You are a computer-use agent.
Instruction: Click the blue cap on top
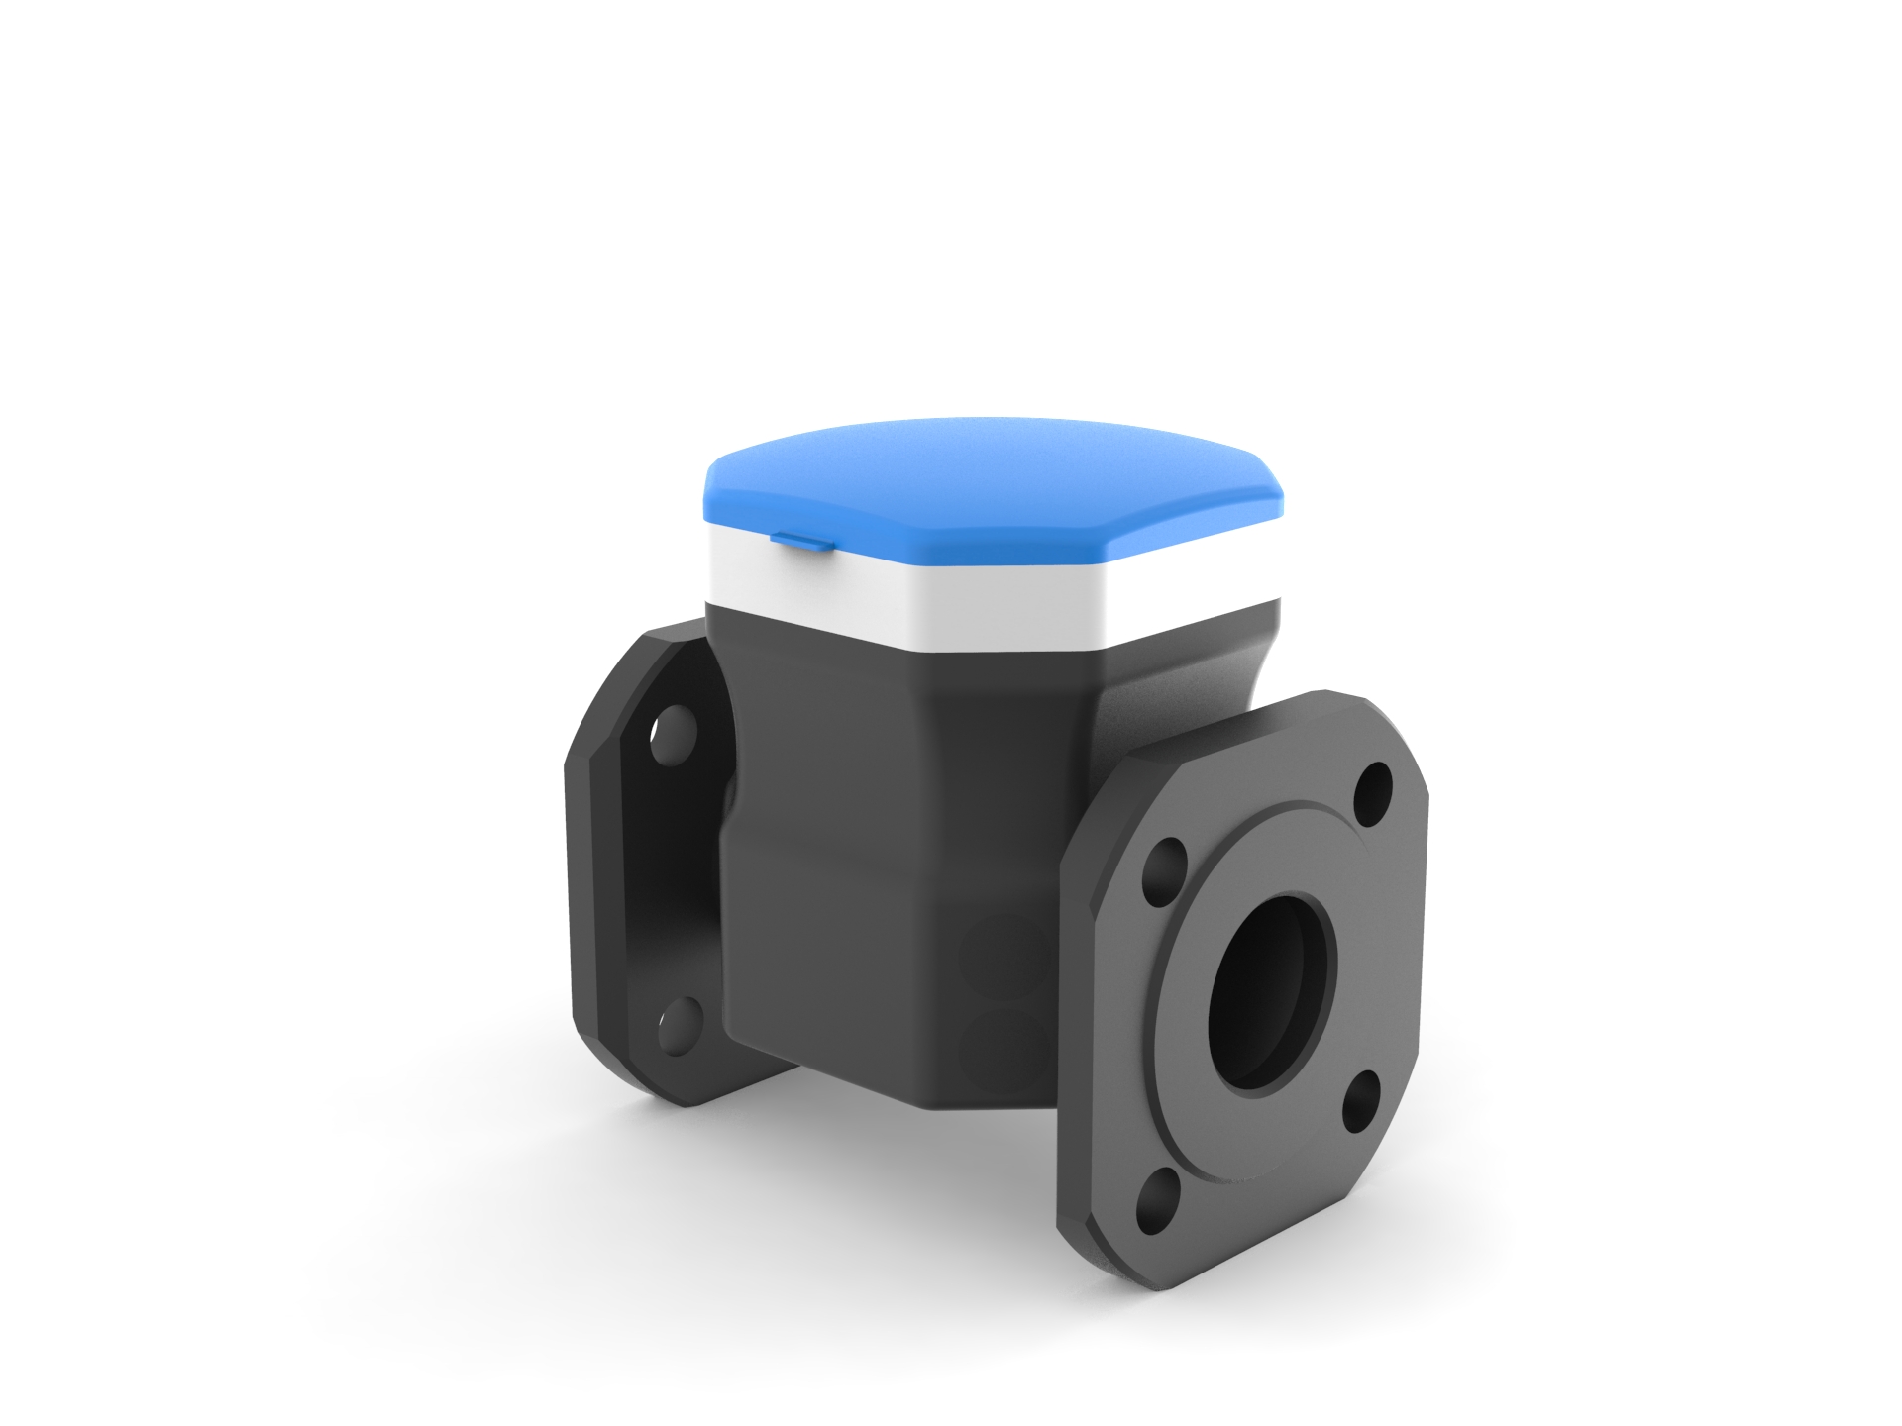tap(991, 475)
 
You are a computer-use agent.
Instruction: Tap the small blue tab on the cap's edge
tap(800, 539)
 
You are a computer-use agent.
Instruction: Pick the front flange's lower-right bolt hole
tap(1361, 1100)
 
